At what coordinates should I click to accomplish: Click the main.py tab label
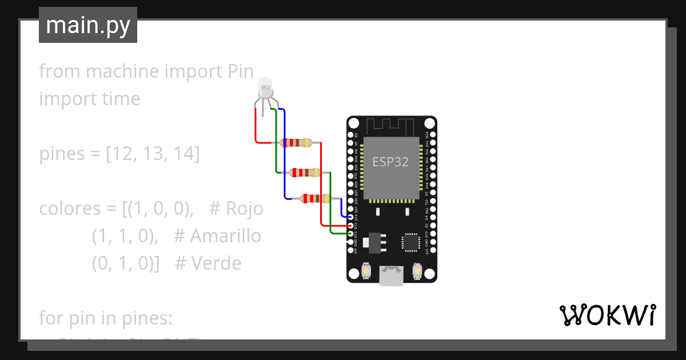[x=87, y=25]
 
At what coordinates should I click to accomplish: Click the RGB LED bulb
[x=265, y=88]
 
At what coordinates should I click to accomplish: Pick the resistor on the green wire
[x=305, y=172]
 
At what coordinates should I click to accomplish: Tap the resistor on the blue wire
[x=314, y=199]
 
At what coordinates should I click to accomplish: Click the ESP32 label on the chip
[x=390, y=161]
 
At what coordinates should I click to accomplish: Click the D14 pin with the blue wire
[x=350, y=218]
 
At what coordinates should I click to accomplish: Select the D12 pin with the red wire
[x=350, y=226]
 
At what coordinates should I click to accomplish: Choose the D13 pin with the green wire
[x=350, y=234]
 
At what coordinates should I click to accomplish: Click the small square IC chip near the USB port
[x=411, y=242]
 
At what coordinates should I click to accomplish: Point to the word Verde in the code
[x=216, y=263]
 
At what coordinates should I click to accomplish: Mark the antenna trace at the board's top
[x=390, y=125]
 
